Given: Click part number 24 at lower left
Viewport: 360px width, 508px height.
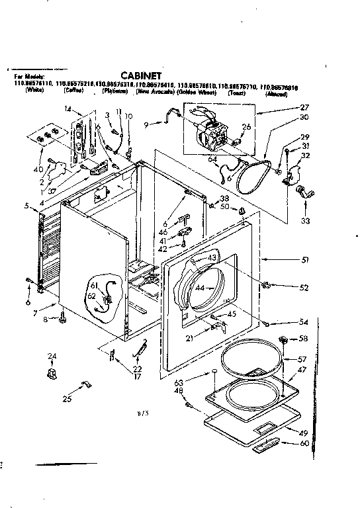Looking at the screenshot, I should (51, 358).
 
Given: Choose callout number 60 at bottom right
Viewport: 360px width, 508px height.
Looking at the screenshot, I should (304, 443).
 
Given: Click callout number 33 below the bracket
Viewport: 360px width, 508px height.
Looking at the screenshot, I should (305, 221).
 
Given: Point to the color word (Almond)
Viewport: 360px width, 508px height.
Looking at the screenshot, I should (275, 95).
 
